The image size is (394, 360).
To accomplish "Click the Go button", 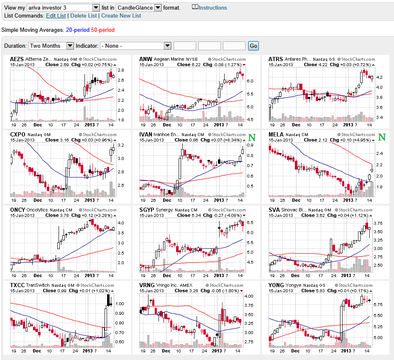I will [x=253, y=46].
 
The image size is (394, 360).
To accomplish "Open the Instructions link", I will [x=212, y=8].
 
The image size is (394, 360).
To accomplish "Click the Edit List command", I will [x=56, y=15].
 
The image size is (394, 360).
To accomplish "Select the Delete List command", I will [x=84, y=15].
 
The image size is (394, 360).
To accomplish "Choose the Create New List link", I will [x=121, y=15].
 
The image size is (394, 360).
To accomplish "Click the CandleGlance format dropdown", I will [x=139, y=8].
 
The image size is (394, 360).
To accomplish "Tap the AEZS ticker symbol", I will [x=17, y=59].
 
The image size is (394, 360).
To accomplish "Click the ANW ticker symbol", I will [x=146, y=59].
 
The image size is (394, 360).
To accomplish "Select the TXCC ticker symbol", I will [x=17, y=285].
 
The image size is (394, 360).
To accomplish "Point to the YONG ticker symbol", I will [x=276, y=285].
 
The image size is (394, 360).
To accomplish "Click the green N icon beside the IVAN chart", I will [x=252, y=137].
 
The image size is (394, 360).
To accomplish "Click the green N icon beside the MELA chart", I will [x=381, y=137].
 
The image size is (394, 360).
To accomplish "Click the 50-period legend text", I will [x=102, y=30].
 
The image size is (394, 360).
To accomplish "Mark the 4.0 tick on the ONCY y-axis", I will [x=121, y=223].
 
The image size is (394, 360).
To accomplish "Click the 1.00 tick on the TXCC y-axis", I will [x=120, y=303].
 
